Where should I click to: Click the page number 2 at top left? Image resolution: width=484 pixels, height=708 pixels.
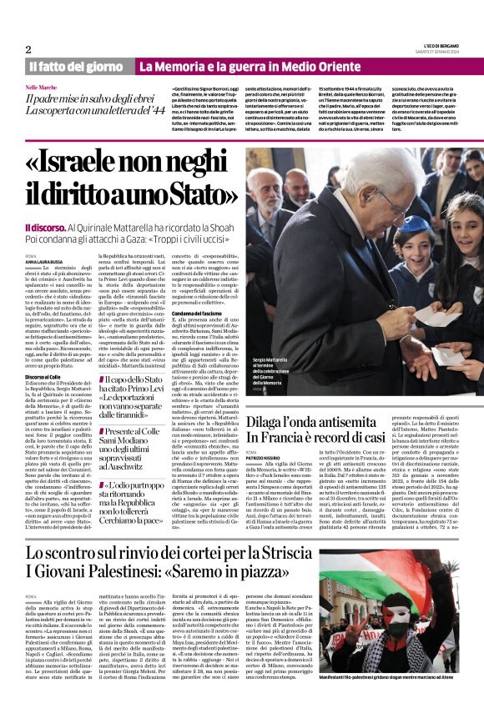coord(28,49)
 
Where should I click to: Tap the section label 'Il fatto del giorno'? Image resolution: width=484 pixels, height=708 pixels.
coord(76,67)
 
